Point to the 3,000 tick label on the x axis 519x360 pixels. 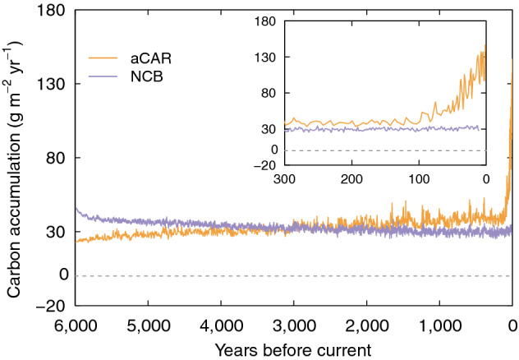tap(294, 322)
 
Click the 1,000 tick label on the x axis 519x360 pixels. tap(440, 322)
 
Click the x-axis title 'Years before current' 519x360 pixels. tap(294, 347)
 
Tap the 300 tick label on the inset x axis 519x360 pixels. tap(284, 180)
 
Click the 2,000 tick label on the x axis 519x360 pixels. tap(367, 322)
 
